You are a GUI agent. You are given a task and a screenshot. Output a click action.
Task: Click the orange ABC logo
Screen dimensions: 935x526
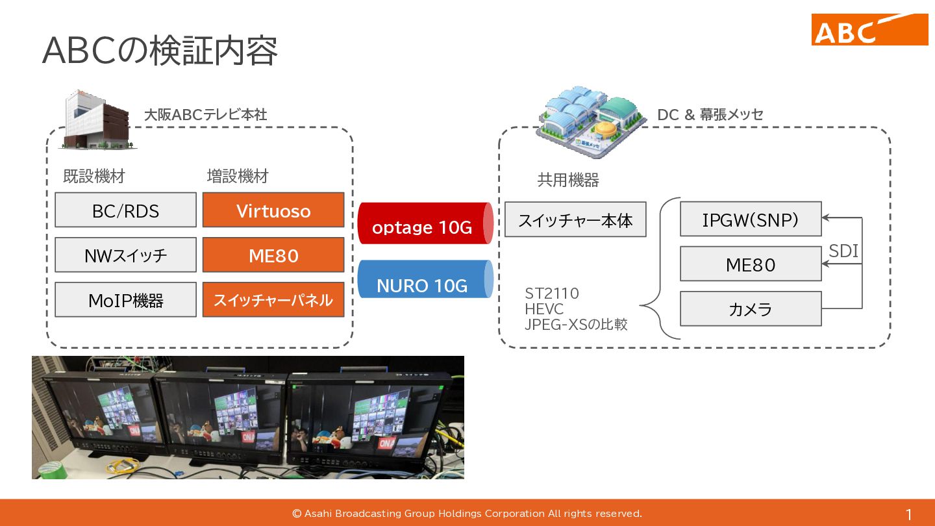pos(869,29)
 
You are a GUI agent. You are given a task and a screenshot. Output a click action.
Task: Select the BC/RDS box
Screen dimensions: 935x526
pos(126,210)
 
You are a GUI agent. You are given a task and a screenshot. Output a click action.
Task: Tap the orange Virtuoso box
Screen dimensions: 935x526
pos(273,210)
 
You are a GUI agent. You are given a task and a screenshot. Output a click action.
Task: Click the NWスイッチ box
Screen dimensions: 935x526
pos(126,255)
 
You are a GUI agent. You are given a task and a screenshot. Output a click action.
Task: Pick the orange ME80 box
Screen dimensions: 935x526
pos(273,255)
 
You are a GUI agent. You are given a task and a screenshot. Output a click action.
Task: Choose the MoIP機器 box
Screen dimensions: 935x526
pos(126,300)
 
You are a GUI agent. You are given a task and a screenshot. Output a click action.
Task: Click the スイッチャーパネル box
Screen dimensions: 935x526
pos(273,300)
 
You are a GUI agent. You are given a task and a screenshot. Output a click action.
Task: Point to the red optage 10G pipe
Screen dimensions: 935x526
pos(426,223)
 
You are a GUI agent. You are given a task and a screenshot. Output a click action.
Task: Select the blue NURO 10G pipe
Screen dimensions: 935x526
pos(426,279)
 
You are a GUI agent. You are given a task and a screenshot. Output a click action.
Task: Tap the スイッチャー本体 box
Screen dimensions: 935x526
pos(575,219)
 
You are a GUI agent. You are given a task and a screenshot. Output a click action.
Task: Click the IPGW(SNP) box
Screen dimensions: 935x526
pos(751,219)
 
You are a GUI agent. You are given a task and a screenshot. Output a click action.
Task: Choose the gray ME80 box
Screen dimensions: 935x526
pos(751,264)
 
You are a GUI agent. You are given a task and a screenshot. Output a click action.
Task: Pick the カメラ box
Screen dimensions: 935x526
pos(751,308)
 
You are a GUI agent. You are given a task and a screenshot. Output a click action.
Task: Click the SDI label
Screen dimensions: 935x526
pos(843,251)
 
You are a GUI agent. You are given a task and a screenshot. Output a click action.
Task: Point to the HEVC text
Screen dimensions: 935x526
pos(544,309)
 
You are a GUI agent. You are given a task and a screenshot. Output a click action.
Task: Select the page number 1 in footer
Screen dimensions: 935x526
pos(909,514)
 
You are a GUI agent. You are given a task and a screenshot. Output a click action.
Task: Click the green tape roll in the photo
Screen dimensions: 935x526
pos(51,470)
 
